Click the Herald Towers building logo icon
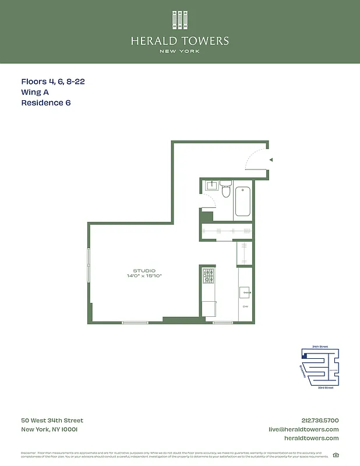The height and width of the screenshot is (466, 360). coord(180,20)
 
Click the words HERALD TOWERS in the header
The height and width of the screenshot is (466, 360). coord(180,41)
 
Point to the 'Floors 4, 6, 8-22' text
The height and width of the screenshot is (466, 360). coord(53,82)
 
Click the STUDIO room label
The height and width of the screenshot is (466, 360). coord(144,270)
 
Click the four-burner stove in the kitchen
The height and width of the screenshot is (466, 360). coord(209,276)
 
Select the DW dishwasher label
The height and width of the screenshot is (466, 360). coord(245,306)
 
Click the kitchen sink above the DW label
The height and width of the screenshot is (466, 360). coord(245,292)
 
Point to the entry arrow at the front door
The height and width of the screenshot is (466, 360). coord(270,159)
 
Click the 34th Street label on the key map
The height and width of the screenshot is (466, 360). coord(320,347)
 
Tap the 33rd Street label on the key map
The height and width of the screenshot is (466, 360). coord(326,387)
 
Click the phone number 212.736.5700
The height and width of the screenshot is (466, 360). coord(319,421)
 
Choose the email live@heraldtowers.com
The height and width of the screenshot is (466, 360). coord(303,429)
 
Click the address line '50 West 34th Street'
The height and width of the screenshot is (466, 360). coord(52,421)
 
